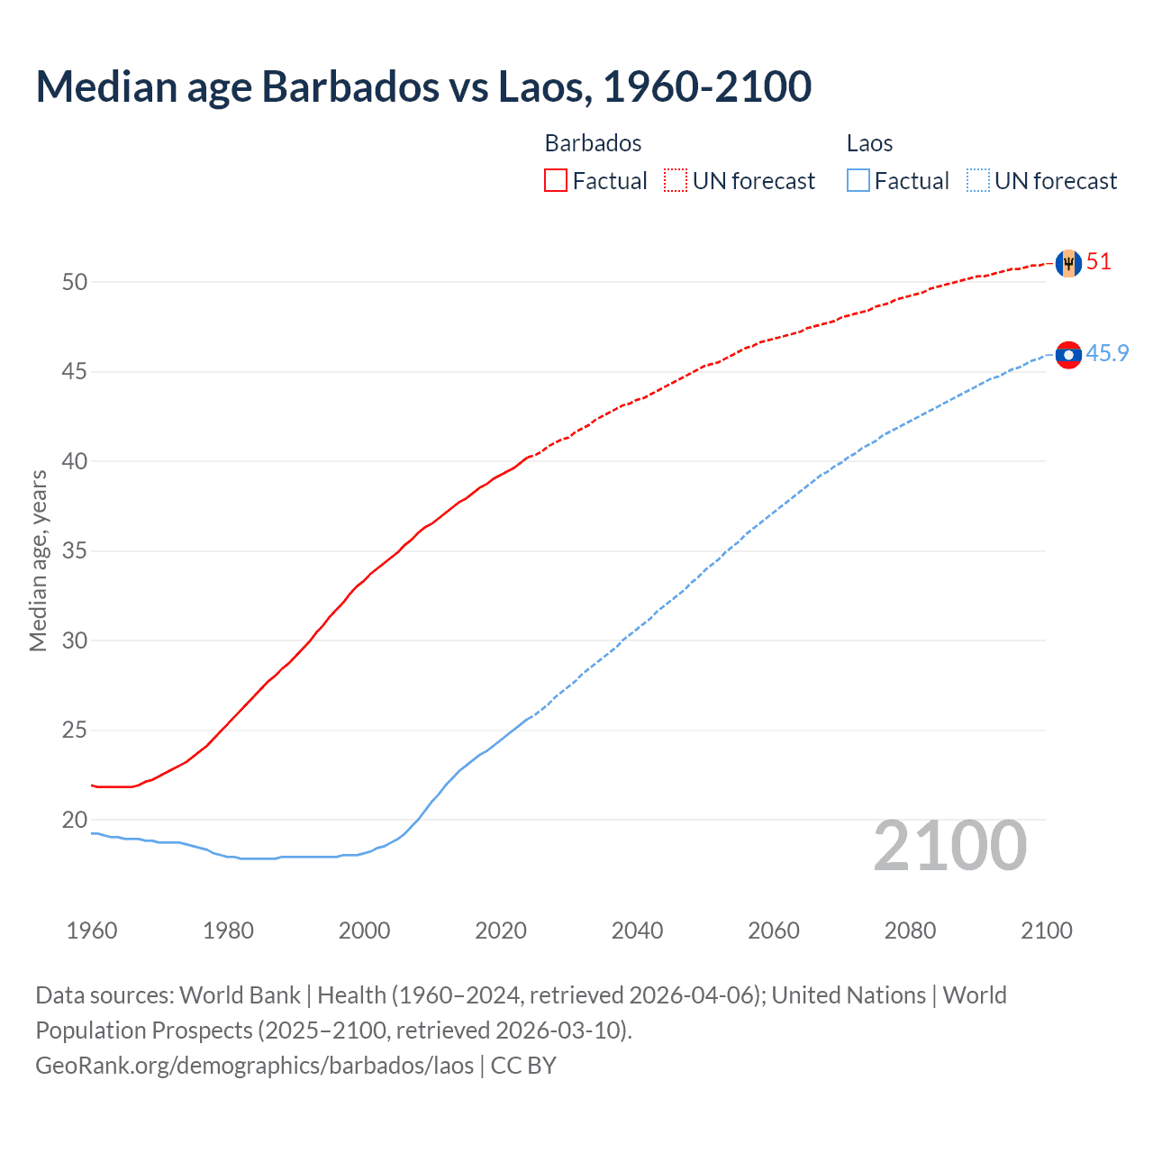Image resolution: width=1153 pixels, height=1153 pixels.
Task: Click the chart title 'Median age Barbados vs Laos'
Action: [423, 86]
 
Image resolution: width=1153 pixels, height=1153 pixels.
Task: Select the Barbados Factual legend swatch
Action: [556, 180]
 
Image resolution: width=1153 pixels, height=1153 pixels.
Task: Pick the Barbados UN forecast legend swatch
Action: [676, 180]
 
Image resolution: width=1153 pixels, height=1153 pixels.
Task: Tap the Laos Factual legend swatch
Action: [858, 180]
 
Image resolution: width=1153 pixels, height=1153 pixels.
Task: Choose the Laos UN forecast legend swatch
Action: [978, 180]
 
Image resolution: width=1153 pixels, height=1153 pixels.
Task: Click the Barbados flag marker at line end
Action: [1068, 263]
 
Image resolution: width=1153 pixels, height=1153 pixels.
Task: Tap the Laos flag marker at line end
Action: [1068, 355]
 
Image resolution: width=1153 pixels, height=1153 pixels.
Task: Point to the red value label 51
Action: [1099, 262]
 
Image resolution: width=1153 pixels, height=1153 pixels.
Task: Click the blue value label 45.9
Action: [1107, 353]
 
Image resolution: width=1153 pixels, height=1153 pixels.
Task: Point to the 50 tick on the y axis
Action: [75, 282]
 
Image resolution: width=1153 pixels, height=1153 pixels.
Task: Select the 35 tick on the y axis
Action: [75, 550]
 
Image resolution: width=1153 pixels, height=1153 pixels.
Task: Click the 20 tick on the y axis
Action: [75, 820]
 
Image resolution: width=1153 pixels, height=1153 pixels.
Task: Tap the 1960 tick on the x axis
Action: [92, 931]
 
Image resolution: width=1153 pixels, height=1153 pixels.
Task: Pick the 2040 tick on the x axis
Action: [637, 931]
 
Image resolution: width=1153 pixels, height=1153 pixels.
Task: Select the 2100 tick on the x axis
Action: [1046, 931]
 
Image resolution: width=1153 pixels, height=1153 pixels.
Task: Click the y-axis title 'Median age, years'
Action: [38, 560]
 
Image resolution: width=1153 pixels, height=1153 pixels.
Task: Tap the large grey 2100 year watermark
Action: [949, 845]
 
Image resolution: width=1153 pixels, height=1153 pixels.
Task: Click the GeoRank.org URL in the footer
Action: [254, 1066]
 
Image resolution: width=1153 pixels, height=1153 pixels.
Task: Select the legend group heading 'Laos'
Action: [869, 143]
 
